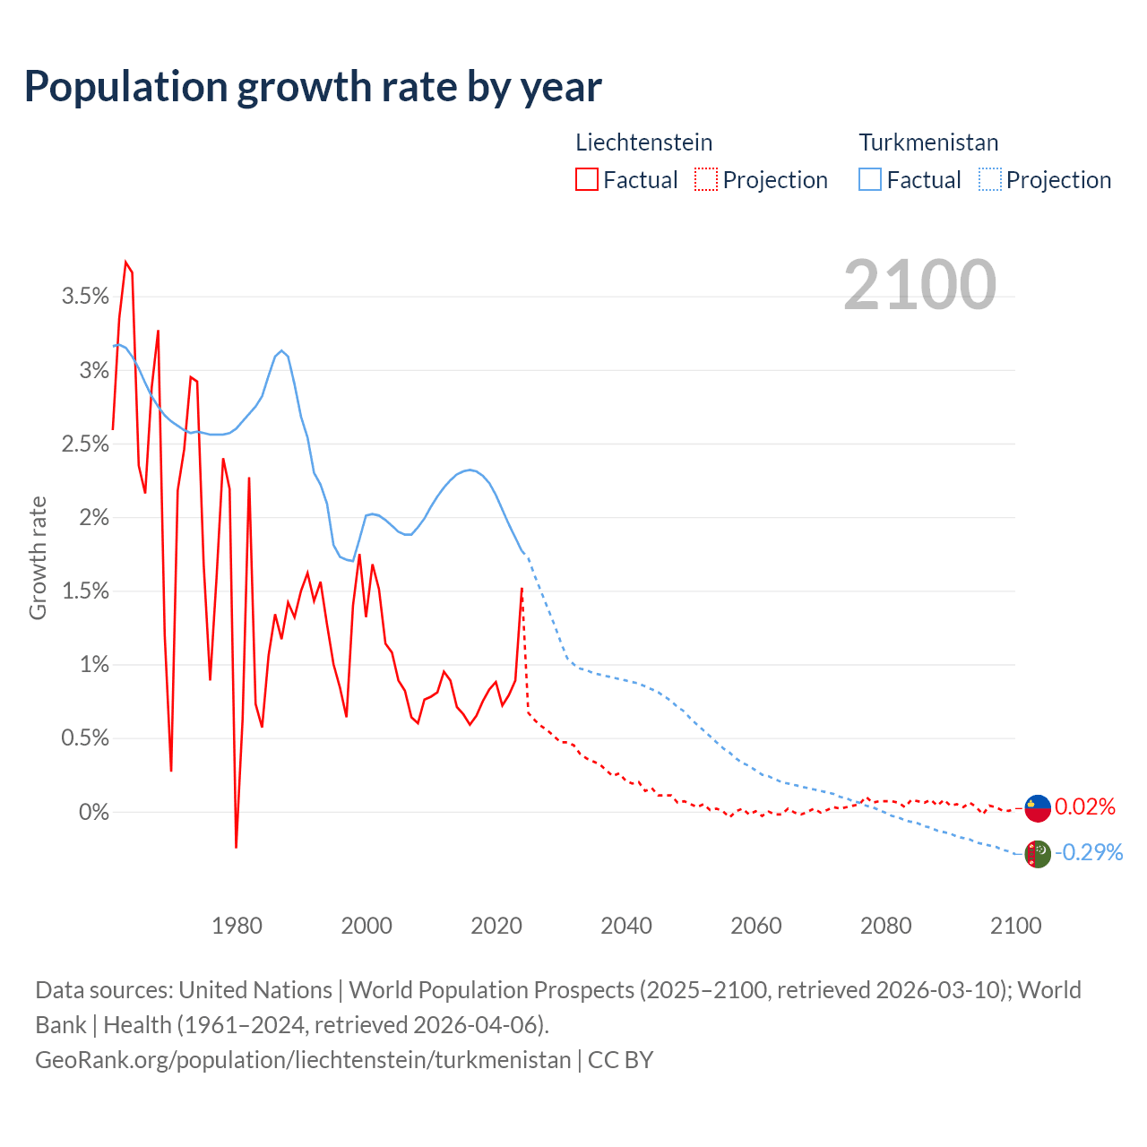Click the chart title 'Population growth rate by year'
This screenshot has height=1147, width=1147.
point(313,87)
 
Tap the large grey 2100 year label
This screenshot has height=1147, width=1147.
point(919,285)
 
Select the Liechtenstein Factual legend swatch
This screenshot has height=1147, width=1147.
point(587,180)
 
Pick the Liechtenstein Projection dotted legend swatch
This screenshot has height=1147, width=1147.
point(706,180)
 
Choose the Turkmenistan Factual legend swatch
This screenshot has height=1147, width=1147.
point(870,180)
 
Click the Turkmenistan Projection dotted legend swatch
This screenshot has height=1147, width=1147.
point(989,180)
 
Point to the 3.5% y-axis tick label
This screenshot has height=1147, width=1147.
point(85,297)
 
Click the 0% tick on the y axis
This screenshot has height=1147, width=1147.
point(93,812)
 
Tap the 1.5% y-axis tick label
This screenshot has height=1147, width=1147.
point(85,591)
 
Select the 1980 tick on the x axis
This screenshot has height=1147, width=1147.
point(237,926)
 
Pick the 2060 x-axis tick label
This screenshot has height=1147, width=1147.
point(756,926)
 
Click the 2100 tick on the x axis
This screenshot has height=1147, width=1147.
point(1015,926)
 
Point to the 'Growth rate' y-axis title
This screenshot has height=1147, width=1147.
point(38,558)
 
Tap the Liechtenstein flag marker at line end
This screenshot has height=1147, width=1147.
point(1038,807)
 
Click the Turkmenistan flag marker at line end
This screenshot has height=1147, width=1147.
point(1038,854)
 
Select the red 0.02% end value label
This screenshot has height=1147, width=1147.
point(1084,807)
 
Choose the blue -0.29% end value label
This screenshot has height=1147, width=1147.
point(1089,852)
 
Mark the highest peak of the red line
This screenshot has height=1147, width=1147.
point(125,263)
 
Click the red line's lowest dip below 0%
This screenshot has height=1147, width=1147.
point(236,846)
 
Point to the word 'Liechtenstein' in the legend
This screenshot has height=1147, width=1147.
point(643,142)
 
